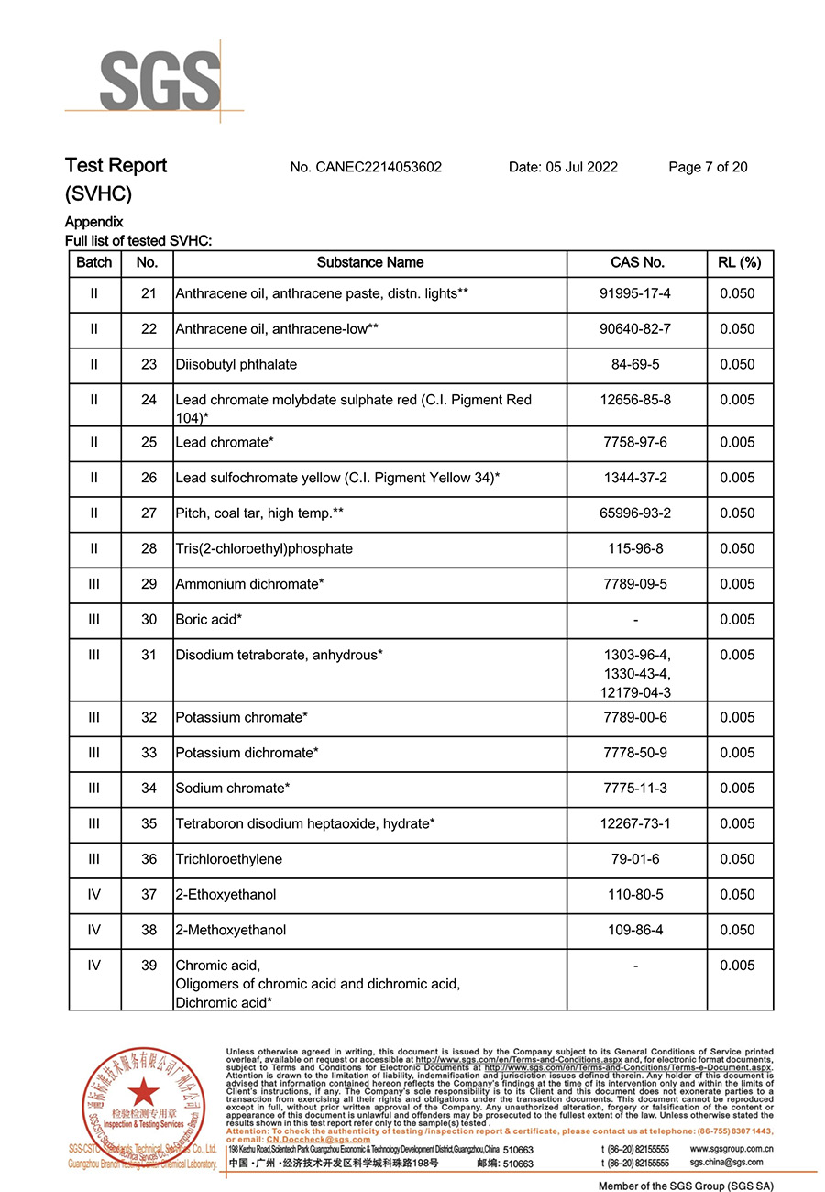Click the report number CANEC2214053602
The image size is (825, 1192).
click(366, 167)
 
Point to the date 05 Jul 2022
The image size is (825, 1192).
click(563, 167)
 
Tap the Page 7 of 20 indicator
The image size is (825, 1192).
click(708, 167)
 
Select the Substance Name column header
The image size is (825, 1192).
click(370, 263)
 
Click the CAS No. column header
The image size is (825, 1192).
click(637, 263)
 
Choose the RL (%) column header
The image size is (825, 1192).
click(740, 263)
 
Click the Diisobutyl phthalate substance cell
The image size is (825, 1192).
click(236, 365)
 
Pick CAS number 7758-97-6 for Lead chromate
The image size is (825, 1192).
click(635, 443)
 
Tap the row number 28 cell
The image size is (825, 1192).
click(148, 549)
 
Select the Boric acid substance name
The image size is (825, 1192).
click(209, 620)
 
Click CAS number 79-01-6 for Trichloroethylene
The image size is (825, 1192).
click(635, 860)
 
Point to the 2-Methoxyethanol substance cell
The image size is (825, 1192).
click(231, 931)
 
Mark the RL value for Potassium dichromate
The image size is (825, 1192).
click(738, 754)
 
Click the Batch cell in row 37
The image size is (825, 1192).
click(94, 895)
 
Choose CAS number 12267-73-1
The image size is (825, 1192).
click(635, 824)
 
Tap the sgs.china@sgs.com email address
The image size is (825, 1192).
click(726, 1163)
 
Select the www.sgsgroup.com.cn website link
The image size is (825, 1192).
click(731, 1149)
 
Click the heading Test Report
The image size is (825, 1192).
click(115, 166)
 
